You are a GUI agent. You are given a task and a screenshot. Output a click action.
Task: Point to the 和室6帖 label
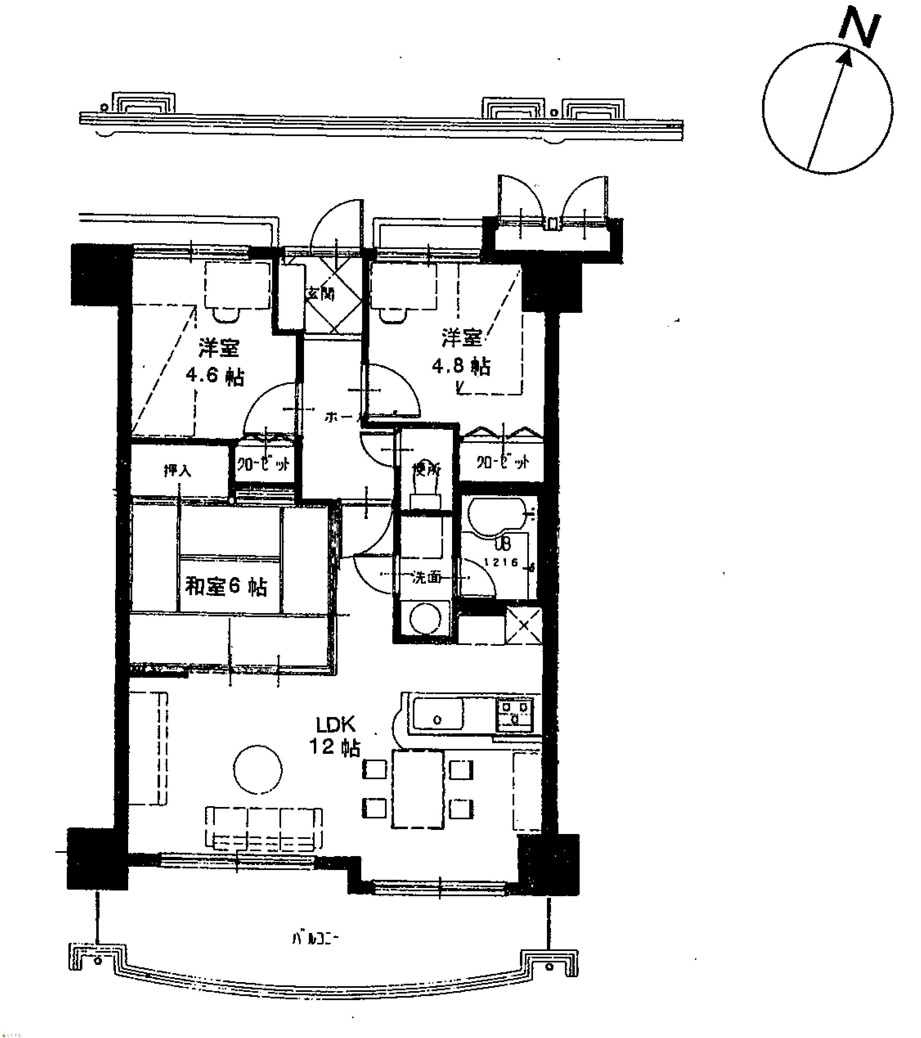226,587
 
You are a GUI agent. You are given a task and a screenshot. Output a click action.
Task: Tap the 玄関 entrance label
320,293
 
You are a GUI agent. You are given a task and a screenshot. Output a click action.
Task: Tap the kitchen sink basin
438,713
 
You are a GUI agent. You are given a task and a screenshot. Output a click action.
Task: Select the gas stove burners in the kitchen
514,712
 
